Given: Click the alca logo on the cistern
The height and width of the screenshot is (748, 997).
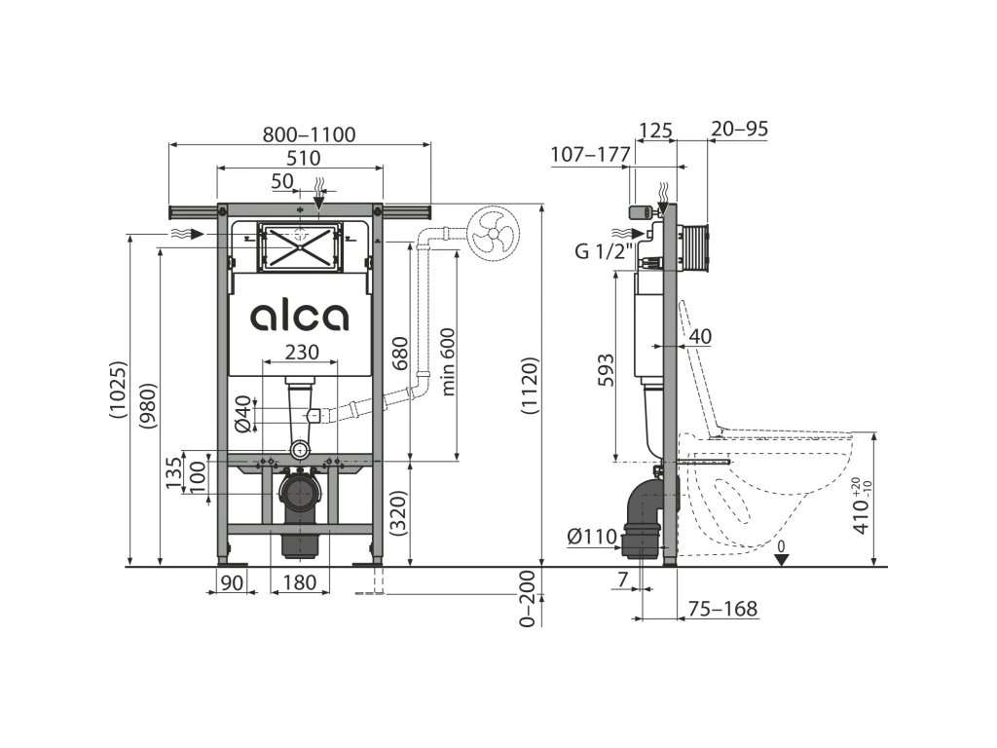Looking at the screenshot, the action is click(x=299, y=316).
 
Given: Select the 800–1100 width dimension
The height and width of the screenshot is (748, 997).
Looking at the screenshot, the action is click(x=309, y=134).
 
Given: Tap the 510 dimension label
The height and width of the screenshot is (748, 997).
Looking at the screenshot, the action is click(x=304, y=158).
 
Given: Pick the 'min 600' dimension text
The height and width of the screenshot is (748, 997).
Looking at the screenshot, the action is click(x=448, y=362).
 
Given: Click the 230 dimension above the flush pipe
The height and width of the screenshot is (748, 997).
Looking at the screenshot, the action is click(x=302, y=351).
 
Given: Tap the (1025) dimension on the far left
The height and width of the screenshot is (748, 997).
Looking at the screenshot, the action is click(x=118, y=390).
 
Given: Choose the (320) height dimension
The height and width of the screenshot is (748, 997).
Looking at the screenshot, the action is click(x=398, y=514).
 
